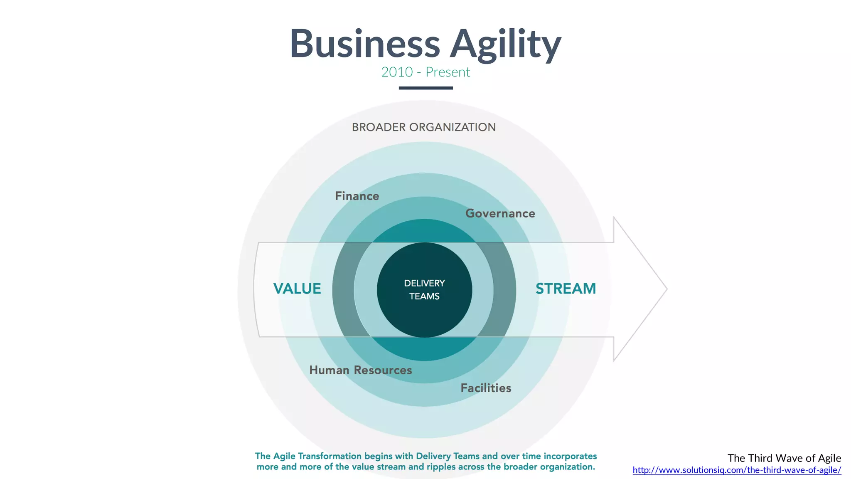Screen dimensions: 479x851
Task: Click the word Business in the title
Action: pyautogui.click(x=364, y=44)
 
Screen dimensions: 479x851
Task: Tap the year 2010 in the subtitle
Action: pyautogui.click(x=397, y=72)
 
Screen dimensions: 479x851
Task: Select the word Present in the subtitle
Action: pyautogui.click(x=448, y=72)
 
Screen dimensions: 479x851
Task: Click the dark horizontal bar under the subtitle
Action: pyautogui.click(x=425, y=88)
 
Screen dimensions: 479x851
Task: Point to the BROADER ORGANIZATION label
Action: pyautogui.click(x=424, y=127)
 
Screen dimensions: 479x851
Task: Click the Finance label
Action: pyautogui.click(x=357, y=196)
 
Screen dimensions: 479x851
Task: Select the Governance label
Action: pyautogui.click(x=500, y=213)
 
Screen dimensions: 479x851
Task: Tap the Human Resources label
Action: pyautogui.click(x=360, y=370)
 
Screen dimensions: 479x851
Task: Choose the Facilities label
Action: pyautogui.click(x=486, y=388)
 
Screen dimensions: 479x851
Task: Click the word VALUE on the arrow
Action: pyautogui.click(x=297, y=289)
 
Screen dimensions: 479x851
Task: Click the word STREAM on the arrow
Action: pyautogui.click(x=566, y=289)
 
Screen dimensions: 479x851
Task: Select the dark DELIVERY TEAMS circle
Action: pyautogui.click(x=424, y=316)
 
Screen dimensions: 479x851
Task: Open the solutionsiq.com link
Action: pyautogui.click(x=737, y=470)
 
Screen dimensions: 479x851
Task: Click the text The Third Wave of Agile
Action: pyautogui.click(x=784, y=458)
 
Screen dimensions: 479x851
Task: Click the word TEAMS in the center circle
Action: pyautogui.click(x=424, y=296)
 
